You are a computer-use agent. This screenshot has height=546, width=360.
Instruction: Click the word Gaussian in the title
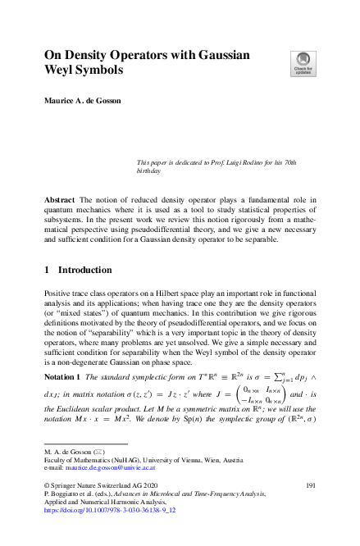point(246,56)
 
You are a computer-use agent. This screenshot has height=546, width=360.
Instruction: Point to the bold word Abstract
point(61,201)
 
